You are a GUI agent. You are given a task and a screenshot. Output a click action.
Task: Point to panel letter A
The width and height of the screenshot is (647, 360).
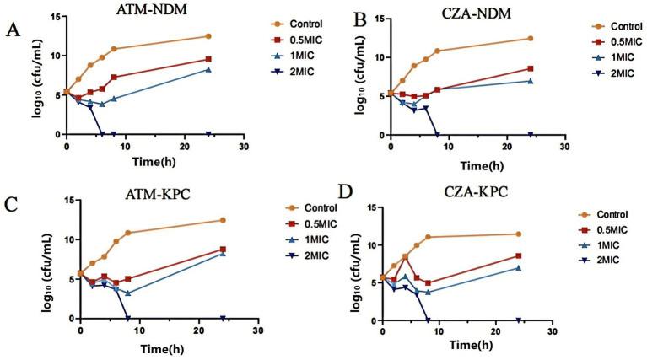click(x=12, y=31)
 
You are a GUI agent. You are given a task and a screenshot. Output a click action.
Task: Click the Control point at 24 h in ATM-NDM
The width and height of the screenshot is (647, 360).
click(x=208, y=36)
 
